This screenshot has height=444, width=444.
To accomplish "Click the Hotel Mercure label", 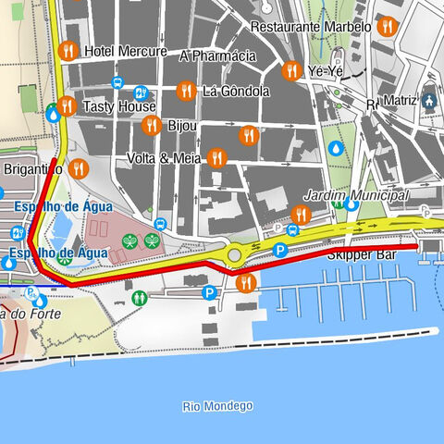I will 125,51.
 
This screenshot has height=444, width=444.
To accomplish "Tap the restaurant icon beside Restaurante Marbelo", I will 388,27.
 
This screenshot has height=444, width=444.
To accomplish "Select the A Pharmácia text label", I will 217,56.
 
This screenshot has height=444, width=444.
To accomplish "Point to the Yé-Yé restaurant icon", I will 291,70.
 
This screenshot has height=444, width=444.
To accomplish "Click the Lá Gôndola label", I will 236,91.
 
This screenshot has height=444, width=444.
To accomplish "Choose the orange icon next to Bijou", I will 152,125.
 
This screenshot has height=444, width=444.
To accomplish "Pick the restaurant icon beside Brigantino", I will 79,168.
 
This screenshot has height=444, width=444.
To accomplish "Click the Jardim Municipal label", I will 356,196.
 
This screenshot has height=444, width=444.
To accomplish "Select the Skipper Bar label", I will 361,253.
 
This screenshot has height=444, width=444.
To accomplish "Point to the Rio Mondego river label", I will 217,406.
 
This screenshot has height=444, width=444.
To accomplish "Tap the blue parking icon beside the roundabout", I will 280,250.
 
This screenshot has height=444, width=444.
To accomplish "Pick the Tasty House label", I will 119,107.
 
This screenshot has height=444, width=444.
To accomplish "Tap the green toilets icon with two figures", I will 139,298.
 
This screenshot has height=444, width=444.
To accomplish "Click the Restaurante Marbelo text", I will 311,27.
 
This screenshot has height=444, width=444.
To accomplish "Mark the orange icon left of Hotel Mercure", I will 67,51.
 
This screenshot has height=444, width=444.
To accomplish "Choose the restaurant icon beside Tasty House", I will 67,107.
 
